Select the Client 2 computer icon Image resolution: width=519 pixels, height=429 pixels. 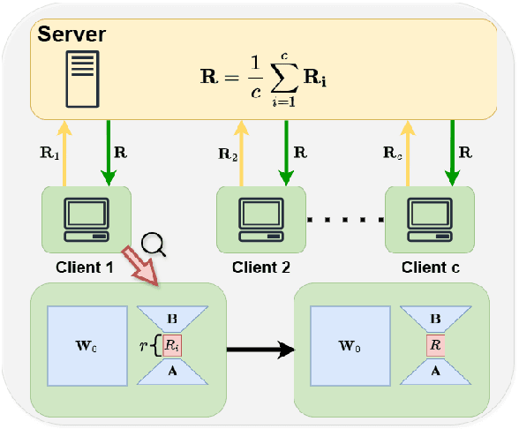260,220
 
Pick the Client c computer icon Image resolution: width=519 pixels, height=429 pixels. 430,220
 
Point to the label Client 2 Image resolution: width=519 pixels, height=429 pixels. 260,266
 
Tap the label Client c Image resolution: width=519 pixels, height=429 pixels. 430,266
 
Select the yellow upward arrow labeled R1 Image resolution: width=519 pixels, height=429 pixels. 64,154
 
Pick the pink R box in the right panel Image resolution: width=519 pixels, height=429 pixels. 435,345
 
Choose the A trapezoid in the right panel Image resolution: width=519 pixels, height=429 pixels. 435,371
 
